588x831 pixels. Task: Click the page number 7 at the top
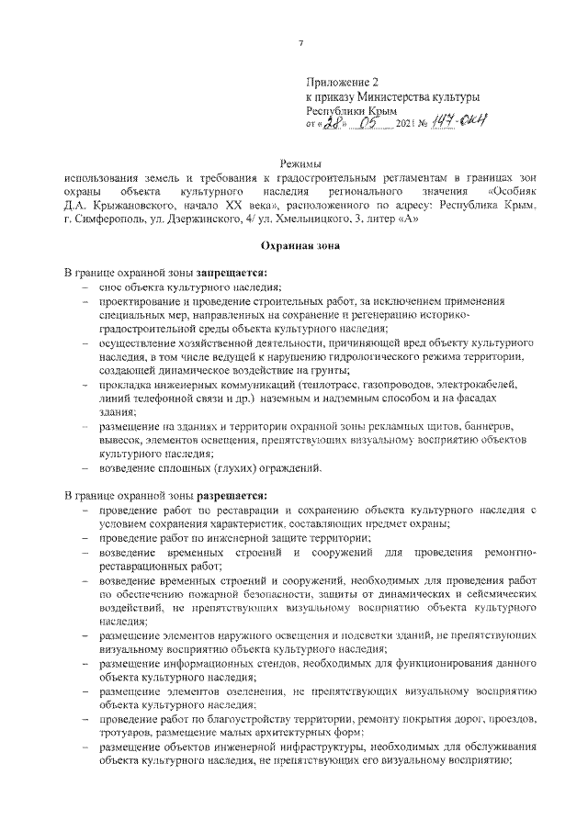(x=301, y=43)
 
